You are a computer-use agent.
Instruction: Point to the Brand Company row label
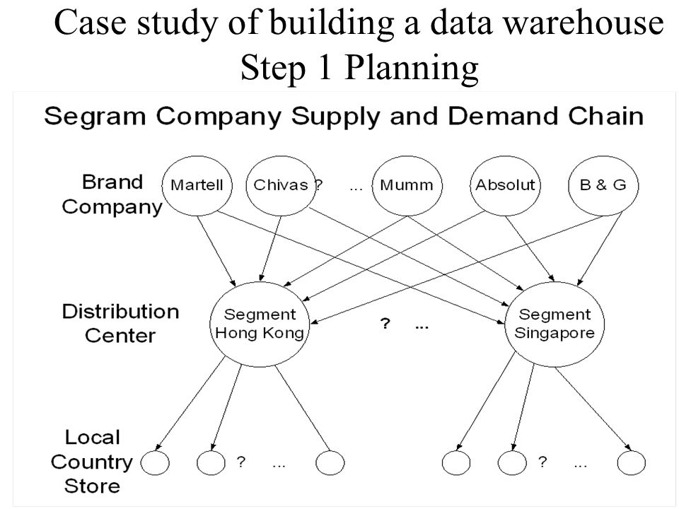coord(112,194)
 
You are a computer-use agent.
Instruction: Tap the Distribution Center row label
coord(120,323)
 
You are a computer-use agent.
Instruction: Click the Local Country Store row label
coord(92,462)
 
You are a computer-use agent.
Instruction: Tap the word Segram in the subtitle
coord(95,117)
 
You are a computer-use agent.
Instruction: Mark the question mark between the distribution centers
coord(385,323)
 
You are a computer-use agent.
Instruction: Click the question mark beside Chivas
coord(319,185)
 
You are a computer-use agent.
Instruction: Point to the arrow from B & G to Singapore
coord(600,249)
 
